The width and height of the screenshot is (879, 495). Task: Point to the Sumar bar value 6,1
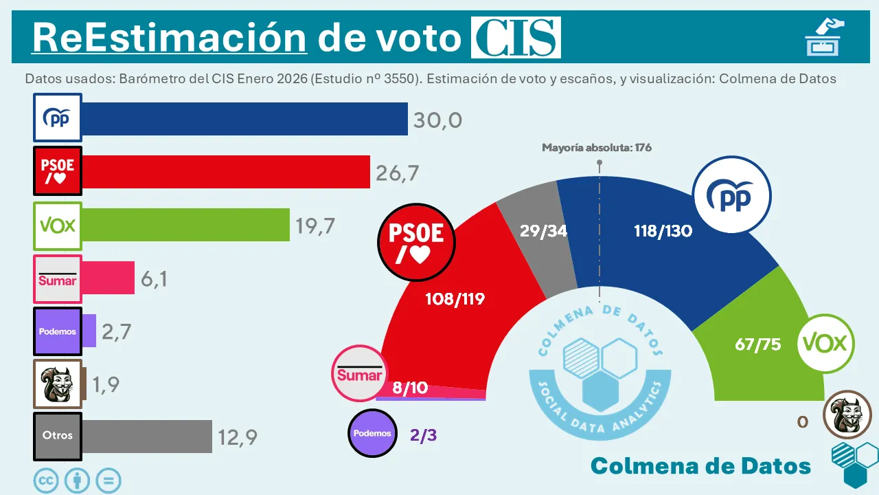click(155, 278)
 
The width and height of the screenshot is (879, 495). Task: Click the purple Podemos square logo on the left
click(58, 331)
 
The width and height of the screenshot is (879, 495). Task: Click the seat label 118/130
click(663, 231)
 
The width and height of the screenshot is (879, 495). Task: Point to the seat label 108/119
click(455, 298)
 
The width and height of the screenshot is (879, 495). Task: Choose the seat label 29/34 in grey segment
click(543, 231)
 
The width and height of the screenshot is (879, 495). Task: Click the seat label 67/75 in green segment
click(757, 344)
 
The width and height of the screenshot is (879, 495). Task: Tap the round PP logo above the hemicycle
click(732, 197)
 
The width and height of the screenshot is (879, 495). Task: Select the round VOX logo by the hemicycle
click(825, 343)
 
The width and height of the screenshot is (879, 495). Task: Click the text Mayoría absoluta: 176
click(596, 148)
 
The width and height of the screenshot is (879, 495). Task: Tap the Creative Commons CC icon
click(47, 481)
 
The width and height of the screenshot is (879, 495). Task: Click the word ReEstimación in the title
click(169, 37)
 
